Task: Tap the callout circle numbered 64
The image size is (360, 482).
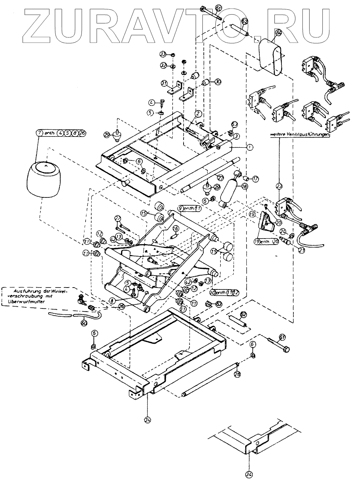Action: click(279, 33)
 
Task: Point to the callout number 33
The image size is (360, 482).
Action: click(163, 55)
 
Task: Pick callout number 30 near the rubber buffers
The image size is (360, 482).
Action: click(218, 80)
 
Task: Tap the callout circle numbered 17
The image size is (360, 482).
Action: click(255, 179)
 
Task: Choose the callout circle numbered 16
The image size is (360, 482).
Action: click(175, 228)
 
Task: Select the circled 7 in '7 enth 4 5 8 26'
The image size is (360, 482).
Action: click(39, 132)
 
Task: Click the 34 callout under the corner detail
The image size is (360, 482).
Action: click(249, 475)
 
